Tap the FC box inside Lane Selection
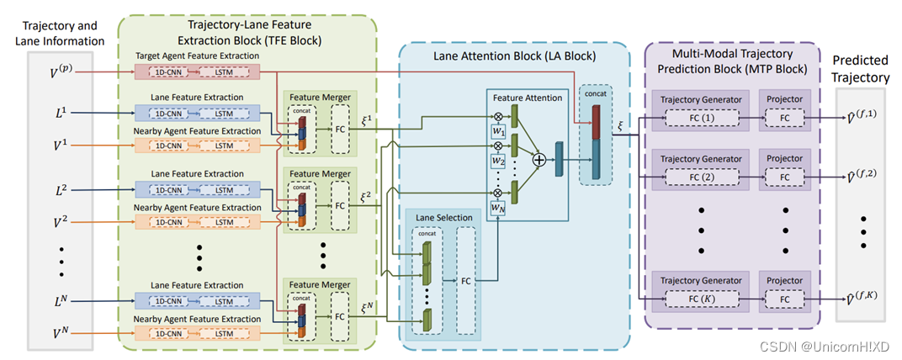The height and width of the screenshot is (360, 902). pos(465,279)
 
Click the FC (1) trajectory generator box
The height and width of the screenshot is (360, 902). pos(702,119)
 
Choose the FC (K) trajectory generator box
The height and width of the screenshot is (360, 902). pos(702,298)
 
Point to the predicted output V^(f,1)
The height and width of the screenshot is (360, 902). pos(862,118)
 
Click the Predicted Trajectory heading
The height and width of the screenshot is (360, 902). pos(860,69)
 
